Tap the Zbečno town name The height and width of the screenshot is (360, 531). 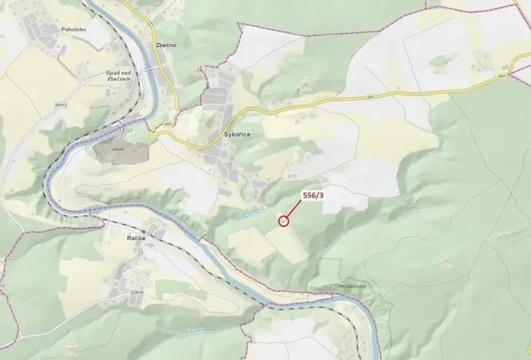coord(165,45)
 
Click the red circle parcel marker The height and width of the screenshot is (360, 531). coord(283,221)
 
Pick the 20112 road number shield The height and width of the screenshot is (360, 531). coord(62,105)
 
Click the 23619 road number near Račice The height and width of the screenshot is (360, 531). coord(137,292)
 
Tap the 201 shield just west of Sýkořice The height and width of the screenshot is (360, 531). coord(167,124)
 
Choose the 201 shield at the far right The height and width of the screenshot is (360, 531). coord(502,76)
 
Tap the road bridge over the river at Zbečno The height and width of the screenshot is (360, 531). coord(151,69)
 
